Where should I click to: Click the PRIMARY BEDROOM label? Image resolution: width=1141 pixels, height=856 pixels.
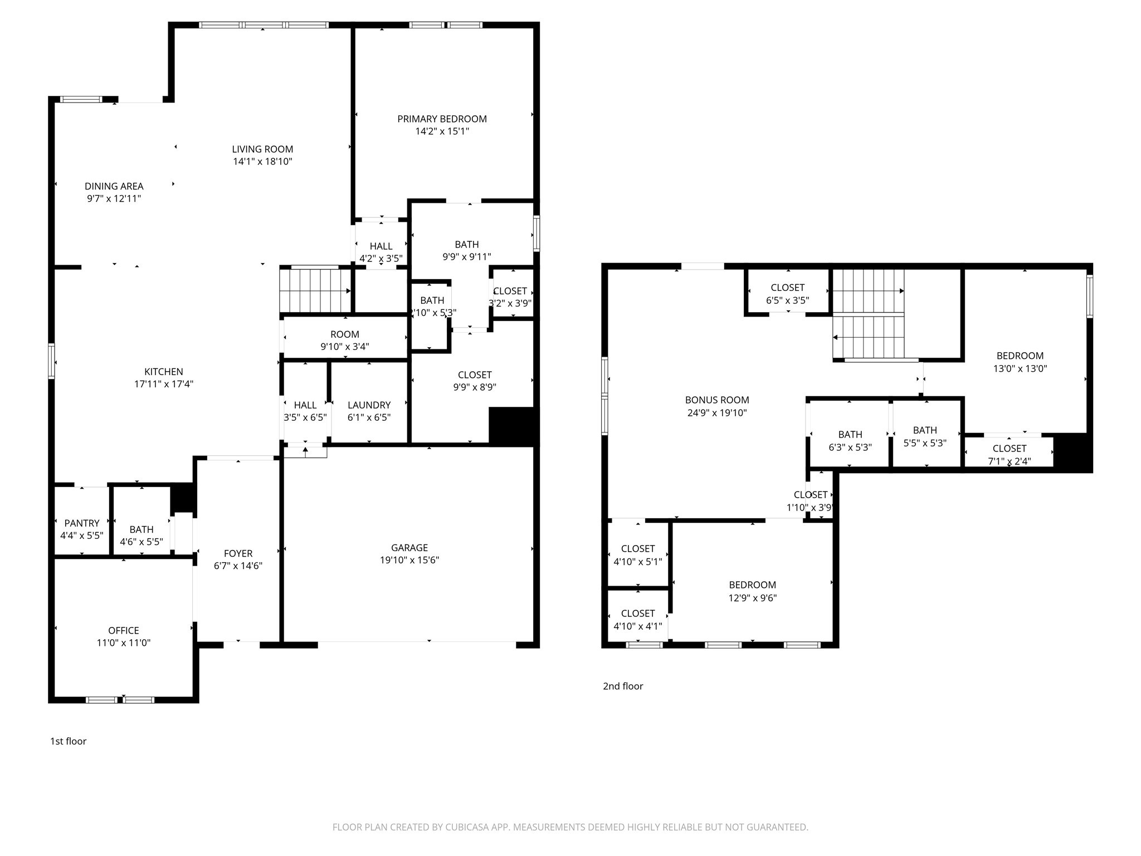point(442,119)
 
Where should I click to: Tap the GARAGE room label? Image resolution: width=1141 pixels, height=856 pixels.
point(409,548)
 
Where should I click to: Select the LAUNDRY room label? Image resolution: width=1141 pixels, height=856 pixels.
point(369,405)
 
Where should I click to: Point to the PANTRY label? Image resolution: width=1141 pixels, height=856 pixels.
point(82,523)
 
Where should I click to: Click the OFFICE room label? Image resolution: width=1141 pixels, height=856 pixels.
point(124,630)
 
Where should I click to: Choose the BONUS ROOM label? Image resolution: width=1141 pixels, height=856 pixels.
point(717,400)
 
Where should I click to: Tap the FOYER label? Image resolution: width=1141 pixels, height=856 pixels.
point(238,553)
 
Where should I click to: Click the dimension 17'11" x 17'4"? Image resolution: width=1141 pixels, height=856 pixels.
point(164,384)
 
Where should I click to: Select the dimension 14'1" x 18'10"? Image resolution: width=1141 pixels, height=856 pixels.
point(262,162)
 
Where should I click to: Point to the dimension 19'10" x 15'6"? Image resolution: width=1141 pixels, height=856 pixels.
point(409,560)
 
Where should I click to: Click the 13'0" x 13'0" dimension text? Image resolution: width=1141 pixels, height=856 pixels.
point(1020,368)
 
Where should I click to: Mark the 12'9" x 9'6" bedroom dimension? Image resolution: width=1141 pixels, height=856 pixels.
point(753,598)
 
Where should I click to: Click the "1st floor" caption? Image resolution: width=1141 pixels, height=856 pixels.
point(69,741)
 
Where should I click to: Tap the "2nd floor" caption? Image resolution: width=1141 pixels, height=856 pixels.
point(623,686)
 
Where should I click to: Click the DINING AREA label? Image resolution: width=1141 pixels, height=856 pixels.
point(114,186)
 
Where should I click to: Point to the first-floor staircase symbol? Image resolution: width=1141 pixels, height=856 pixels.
point(315,290)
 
